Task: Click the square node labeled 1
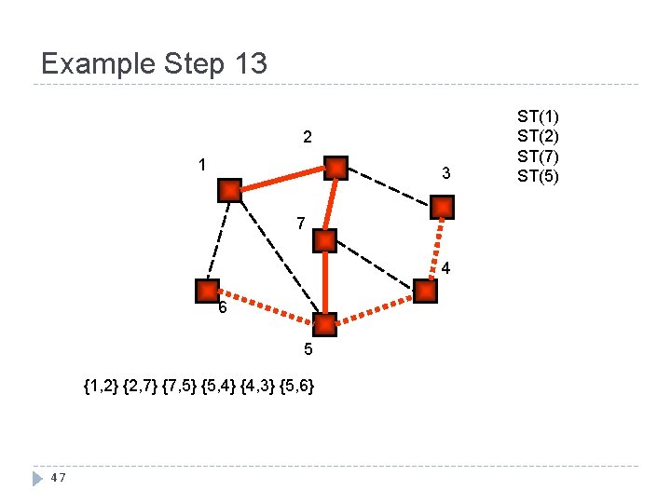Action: click(229, 190)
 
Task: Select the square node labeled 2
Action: click(335, 168)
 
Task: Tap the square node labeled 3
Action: click(443, 207)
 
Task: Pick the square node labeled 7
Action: click(324, 240)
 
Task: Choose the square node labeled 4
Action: click(424, 292)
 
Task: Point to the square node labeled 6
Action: click(207, 291)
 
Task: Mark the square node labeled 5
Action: click(324, 325)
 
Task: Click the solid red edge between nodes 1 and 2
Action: click(282, 179)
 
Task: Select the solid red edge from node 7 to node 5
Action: click(324, 282)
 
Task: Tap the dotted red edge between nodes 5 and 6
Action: click(266, 307)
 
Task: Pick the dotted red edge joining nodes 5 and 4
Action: click(375, 308)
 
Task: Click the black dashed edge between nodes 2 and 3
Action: click(390, 187)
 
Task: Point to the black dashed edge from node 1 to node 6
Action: click(218, 240)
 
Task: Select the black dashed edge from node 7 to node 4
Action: click(374, 265)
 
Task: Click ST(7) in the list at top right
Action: click(539, 156)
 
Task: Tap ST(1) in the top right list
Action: click(539, 116)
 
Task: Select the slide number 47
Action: click(58, 478)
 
